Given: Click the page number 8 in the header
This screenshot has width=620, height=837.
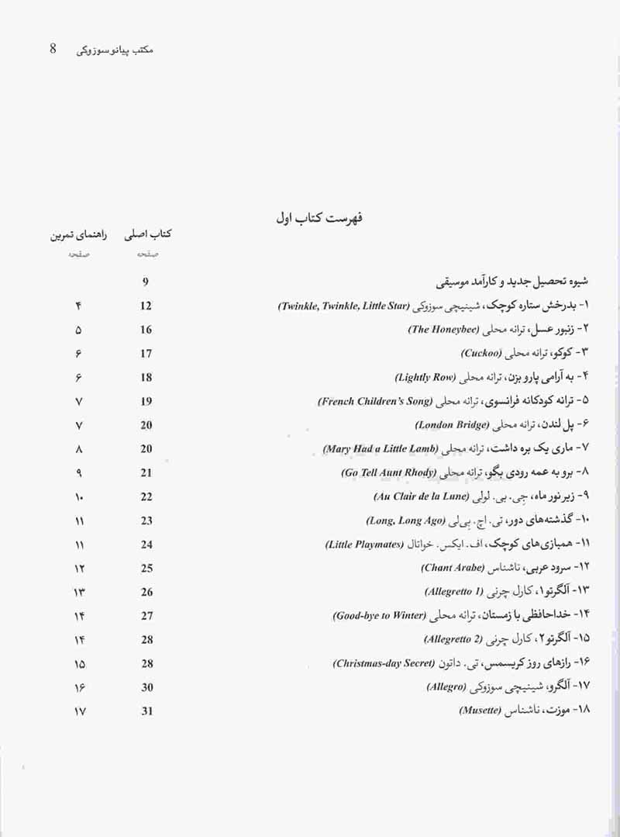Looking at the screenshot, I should (53, 49).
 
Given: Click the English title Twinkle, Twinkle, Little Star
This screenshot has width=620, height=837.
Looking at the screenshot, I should (343, 306).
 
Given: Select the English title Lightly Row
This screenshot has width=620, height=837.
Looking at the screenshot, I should (424, 378).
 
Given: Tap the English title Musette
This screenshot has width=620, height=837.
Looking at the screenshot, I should (481, 711).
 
